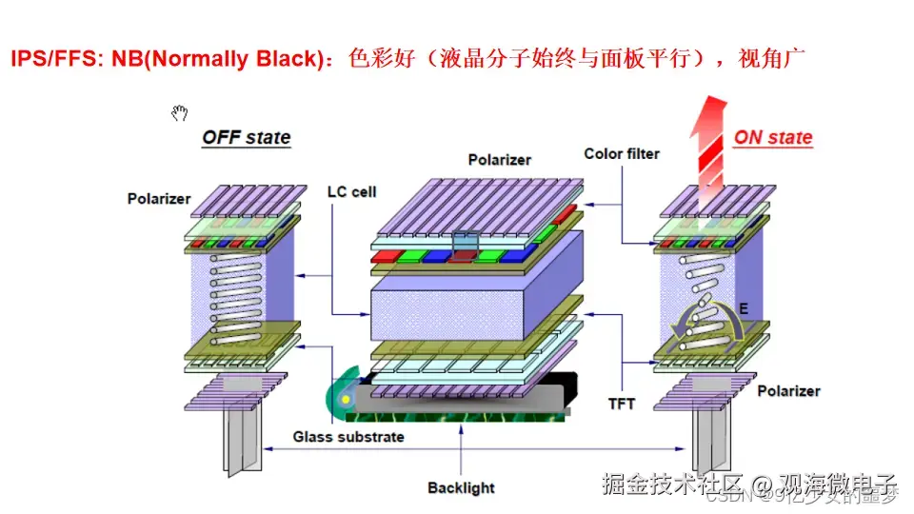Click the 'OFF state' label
tap(246, 137)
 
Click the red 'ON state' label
tap(772, 137)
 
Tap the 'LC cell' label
tap(351, 191)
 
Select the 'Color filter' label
tap(621, 153)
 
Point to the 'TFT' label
tap(622, 404)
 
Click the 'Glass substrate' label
tap(348, 437)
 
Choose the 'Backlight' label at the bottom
tap(461, 488)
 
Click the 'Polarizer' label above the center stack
tap(499, 160)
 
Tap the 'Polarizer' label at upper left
tap(159, 199)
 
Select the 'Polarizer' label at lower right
tap(788, 391)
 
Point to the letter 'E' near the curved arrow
tap(744, 309)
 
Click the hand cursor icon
tap(179, 114)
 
